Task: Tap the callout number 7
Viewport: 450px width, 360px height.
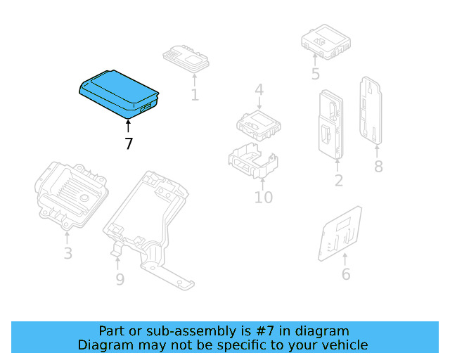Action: (x=128, y=144)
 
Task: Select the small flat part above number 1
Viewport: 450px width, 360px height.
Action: (x=187, y=57)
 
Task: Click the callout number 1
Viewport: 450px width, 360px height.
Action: (x=195, y=94)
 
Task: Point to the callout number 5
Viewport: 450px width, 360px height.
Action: (x=315, y=74)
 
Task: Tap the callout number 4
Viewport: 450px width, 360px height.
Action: (x=259, y=90)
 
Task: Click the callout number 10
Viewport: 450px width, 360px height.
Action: (x=263, y=197)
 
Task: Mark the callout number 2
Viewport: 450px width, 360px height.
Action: (x=338, y=181)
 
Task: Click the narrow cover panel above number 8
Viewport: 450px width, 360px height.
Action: (x=371, y=110)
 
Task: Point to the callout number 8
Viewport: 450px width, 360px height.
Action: (x=378, y=167)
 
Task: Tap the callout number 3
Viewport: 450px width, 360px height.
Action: (x=67, y=253)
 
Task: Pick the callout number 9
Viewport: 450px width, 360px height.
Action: (x=120, y=280)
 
